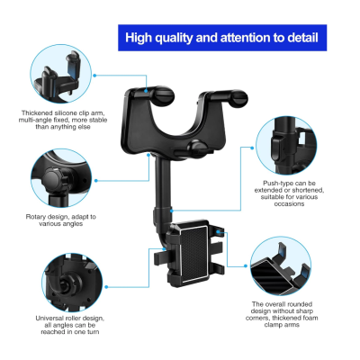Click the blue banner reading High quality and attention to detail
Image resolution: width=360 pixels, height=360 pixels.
point(222,38)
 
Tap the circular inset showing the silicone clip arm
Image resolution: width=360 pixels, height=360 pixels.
point(61,75)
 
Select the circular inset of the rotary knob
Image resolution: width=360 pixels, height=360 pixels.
point(61,178)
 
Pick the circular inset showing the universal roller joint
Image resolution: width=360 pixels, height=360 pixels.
point(72,283)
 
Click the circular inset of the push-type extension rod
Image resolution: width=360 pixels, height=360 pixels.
point(286,146)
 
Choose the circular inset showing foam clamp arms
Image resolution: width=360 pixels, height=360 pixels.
point(281,265)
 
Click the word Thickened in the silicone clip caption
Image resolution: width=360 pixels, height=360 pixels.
point(37,113)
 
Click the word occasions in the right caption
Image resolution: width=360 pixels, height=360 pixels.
point(289,204)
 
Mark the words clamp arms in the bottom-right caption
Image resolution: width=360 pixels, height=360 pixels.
point(282,325)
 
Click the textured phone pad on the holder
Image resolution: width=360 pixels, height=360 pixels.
point(194,254)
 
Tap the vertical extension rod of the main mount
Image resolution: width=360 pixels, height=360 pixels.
point(163,183)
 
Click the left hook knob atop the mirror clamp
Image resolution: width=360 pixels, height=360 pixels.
point(164,96)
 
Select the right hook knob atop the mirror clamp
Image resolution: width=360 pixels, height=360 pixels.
point(238,98)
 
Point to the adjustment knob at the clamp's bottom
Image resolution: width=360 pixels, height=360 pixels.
point(196,148)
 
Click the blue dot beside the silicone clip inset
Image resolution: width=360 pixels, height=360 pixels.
point(94,76)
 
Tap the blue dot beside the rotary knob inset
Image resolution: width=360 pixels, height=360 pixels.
point(96,181)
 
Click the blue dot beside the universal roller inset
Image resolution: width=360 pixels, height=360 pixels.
point(106,287)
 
